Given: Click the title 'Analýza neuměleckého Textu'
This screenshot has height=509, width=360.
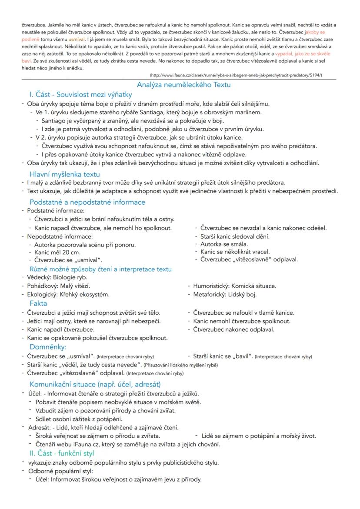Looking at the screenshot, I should click(183, 85).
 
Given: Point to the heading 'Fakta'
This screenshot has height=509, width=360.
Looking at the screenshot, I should click(38, 303).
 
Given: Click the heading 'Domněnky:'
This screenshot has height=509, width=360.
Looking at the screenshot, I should click(48, 347).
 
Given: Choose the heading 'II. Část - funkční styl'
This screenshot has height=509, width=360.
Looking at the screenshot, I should click(62, 453).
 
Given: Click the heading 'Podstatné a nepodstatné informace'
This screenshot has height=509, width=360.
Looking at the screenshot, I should click(87, 202).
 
